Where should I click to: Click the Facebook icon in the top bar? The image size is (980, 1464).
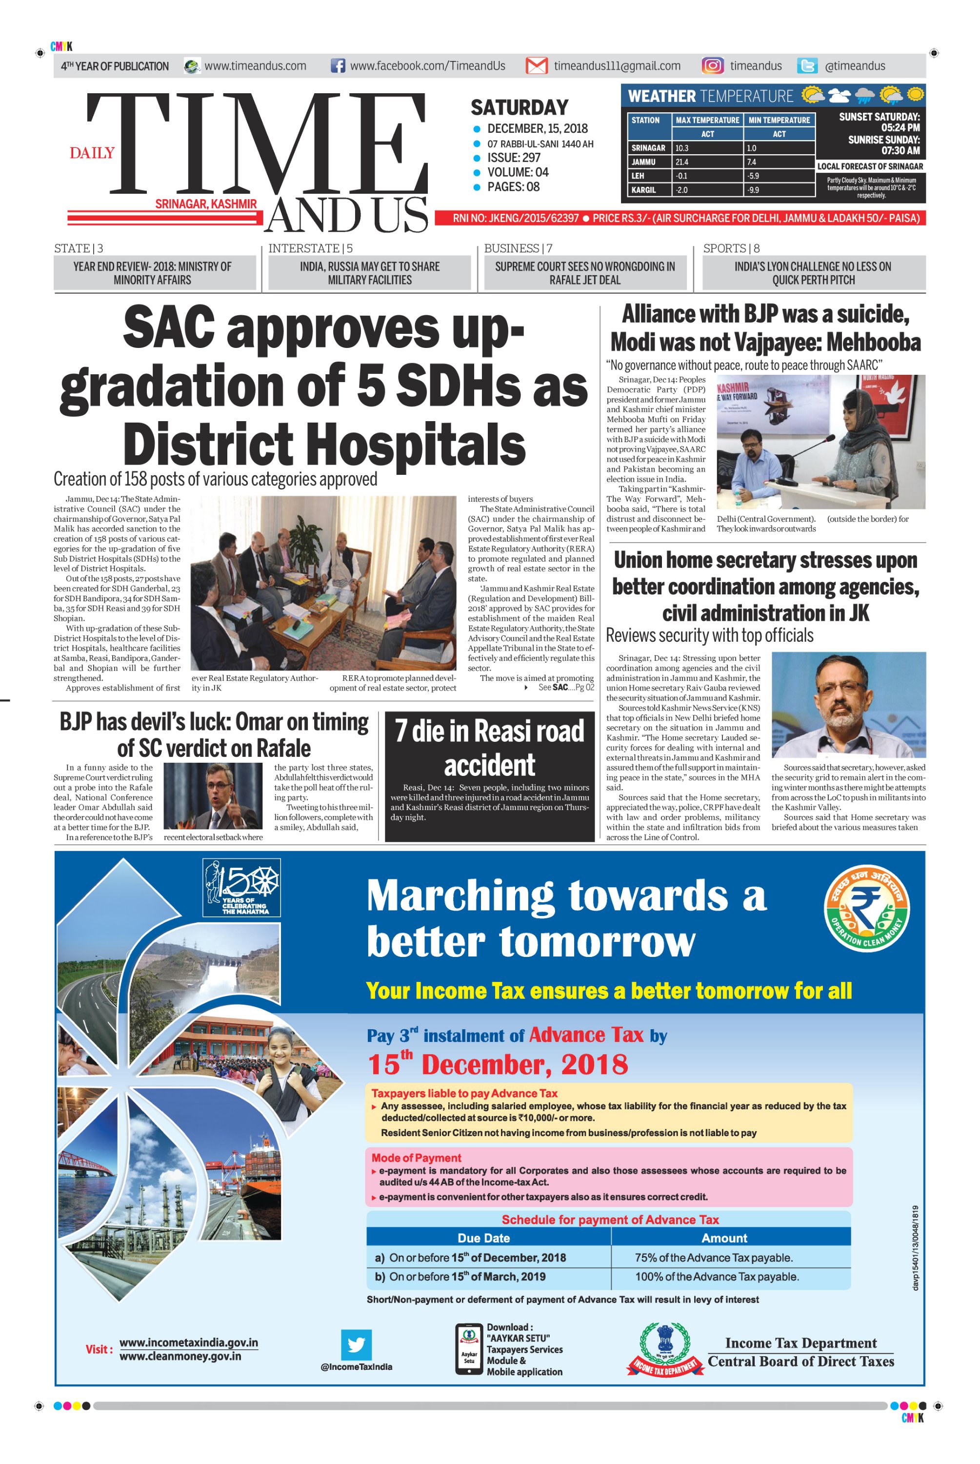click(338, 66)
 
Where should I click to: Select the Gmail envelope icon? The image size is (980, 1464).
click(536, 66)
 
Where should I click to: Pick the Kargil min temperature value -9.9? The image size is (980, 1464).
click(779, 190)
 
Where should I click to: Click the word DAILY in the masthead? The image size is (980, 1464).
click(92, 153)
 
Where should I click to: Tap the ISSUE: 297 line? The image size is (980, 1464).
click(514, 158)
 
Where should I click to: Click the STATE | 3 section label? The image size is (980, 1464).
click(79, 248)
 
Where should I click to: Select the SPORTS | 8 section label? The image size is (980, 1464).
click(731, 248)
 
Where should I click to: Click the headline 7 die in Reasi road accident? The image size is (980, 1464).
click(489, 748)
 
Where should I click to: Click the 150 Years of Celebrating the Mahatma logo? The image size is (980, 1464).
click(241, 887)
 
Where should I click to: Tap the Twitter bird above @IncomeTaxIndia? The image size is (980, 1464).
click(356, 1344)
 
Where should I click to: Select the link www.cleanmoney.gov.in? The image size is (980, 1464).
click(180, 1357)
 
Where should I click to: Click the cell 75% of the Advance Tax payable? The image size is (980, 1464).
click(713, 1258)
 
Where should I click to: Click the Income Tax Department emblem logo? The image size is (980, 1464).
click(663, 1350)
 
